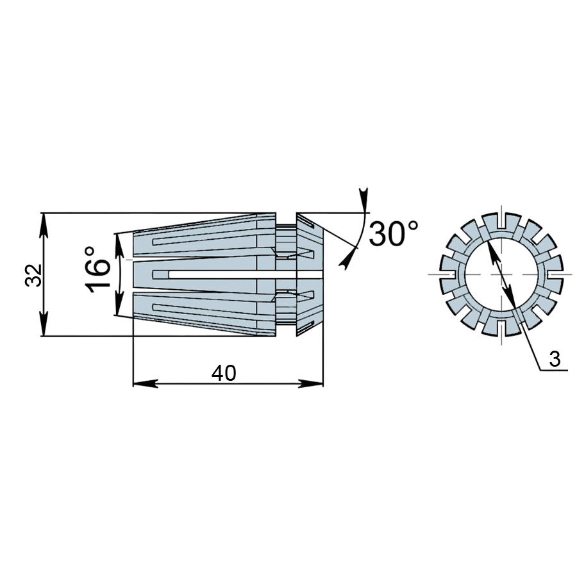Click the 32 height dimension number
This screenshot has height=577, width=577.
pos(33,275)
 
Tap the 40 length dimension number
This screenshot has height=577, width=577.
pos(224,373)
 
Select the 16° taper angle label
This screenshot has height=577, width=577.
pos(97,270)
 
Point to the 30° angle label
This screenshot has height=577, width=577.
pos(394,233)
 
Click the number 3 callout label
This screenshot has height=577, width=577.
pos(555,359)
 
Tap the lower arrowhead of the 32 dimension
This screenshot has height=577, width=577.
pos(44,324)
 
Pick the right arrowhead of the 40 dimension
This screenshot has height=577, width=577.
pos(310,383)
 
